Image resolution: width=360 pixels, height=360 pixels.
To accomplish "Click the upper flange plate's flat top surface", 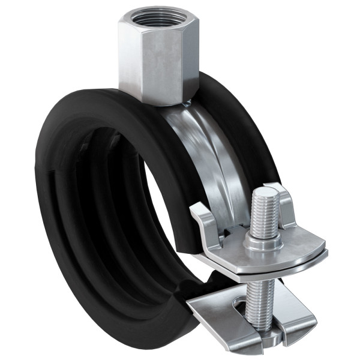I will tap(294, 249).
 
